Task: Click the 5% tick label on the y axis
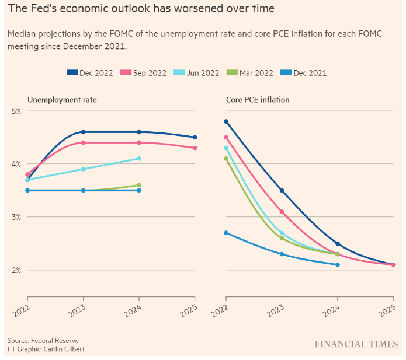click(16, 111)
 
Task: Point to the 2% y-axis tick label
click(16, 270)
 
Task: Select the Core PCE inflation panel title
click(258, 100)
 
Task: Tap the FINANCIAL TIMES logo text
click(356, 344)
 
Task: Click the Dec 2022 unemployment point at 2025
click(195, 137)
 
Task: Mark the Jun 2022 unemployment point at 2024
click(139, 158)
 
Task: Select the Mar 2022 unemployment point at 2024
click(139, 185)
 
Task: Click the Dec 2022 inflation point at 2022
click(226, 121)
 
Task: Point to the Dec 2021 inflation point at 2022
click(226, 233)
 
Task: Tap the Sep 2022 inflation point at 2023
click(282, 212)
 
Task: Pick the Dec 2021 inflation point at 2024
click(338, 265)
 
